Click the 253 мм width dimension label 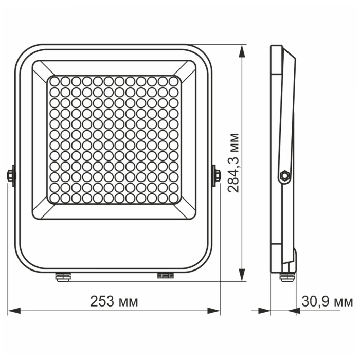[x=114, y=302]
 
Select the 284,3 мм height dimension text [x=234, y=163]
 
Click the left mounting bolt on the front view [x=10, y=175]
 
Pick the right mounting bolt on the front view [x=216, y=175]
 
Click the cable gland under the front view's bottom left [x=63, y=277]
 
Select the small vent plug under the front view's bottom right [x=166, y=276]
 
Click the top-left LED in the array [x=55, y=81]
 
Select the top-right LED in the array [x=173, y=81]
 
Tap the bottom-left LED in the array [x=55, y=198]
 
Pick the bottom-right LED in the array [x=173, y=198]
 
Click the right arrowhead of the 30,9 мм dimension [x=294, y=311]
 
